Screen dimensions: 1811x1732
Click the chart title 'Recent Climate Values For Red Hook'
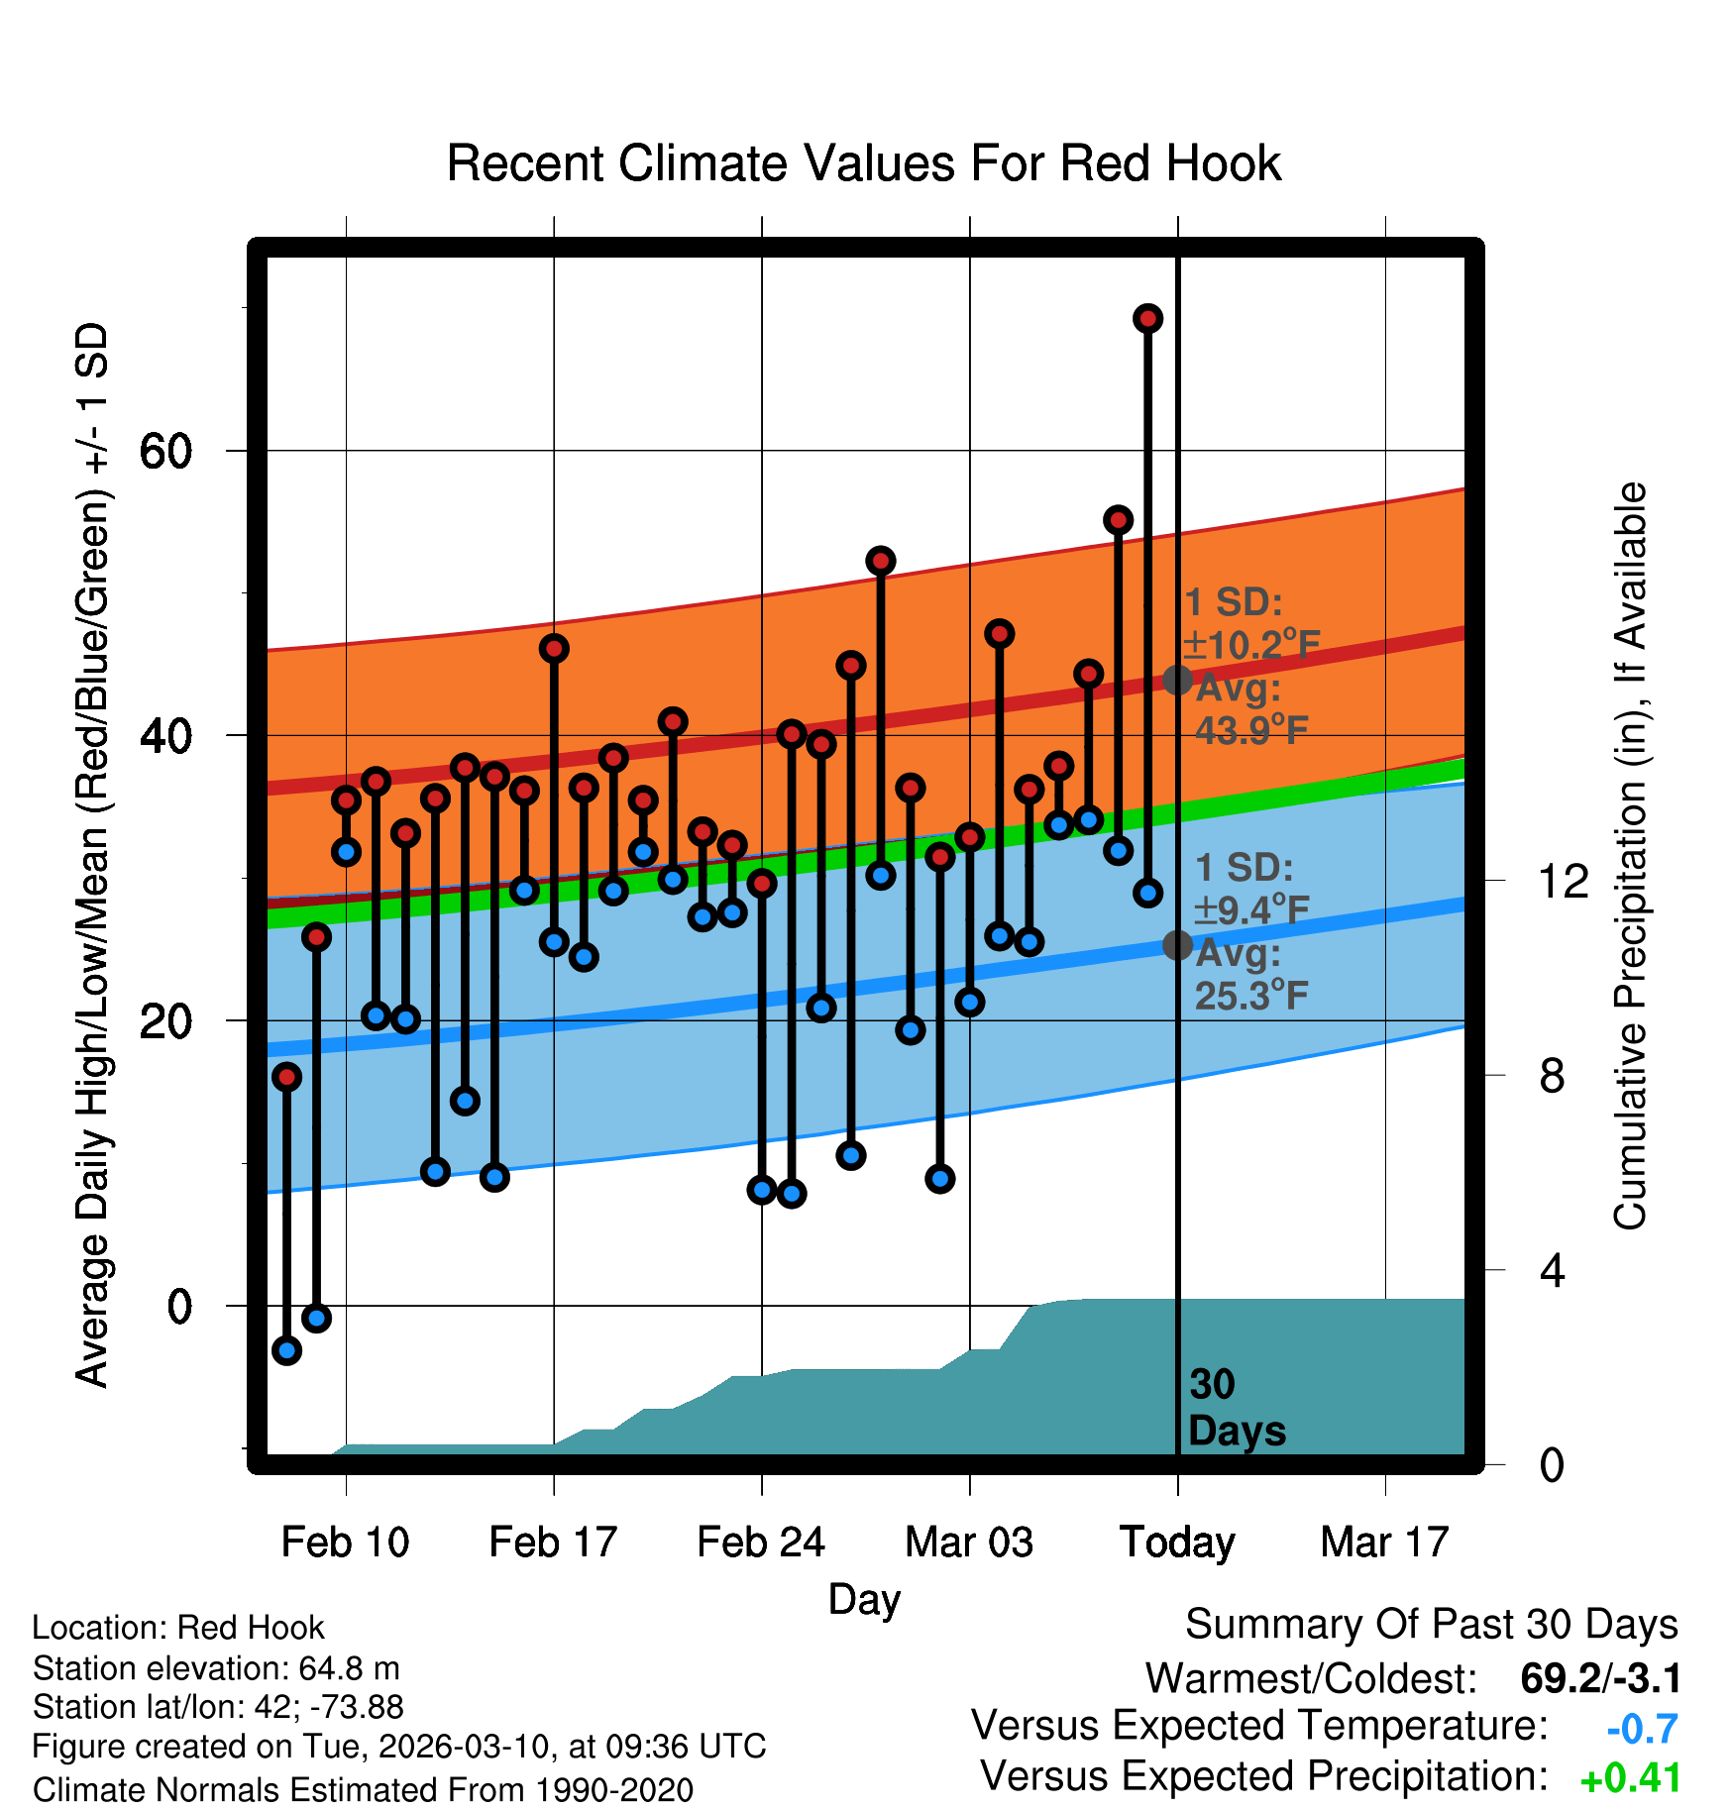coord(863,163)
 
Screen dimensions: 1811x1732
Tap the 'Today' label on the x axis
coord(1177,1543)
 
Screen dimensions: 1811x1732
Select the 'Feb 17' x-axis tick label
coord(553,1543)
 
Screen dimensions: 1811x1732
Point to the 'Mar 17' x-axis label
coord(1384,1543)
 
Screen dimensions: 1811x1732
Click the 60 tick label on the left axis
coord(165,452)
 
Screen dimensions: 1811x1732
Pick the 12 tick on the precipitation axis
coord(1563,881)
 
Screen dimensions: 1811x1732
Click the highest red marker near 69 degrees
coord(1147,319)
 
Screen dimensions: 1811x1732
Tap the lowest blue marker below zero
coord(286,1349)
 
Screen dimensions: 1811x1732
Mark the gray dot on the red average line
coord(1177,680)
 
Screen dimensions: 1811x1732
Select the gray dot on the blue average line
coord(1177,945)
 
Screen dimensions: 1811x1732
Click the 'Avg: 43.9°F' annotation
coord(1250,709)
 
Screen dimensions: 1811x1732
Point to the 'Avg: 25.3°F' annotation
coord(1250,975)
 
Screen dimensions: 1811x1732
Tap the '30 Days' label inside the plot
coord(1236,1408)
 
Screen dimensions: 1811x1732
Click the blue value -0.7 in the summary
coord(1642,1729)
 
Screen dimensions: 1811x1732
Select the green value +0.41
coord(1630,1778)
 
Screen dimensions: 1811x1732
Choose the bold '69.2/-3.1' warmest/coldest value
coord(1600,1678)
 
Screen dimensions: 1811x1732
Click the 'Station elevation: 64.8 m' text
coord(216,1668)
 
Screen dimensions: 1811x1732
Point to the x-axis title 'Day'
coord(864,1599)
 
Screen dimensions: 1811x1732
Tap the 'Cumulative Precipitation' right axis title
coord(1630,856)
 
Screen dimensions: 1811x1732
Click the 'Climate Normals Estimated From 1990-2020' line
coord(363,1789)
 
